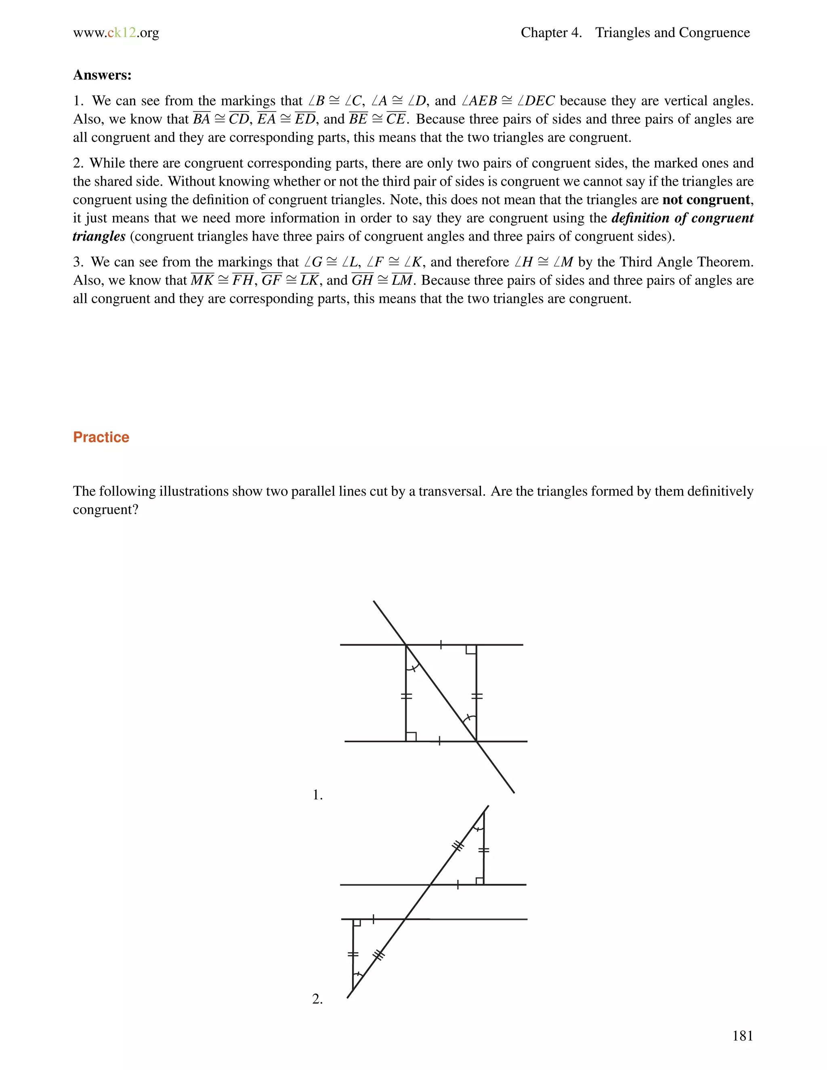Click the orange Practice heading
coord(101,437)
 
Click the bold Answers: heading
coord(102,75)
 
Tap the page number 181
coord(742,1035)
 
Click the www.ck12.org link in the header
coord(116,33)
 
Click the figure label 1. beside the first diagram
coord(317,795)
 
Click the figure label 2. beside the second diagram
coord(317,999)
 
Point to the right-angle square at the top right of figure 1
coord(471,650)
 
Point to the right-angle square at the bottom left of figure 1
coord(411,736)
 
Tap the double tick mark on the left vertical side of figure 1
coord(406,696)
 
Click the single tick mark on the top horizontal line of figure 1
coord(441,645)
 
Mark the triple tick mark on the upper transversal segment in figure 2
coord(458,846)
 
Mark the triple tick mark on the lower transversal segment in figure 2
coord(379,955)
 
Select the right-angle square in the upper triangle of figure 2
coord(480,881)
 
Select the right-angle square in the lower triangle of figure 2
coord(357,923)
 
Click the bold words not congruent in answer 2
coord(705,200)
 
